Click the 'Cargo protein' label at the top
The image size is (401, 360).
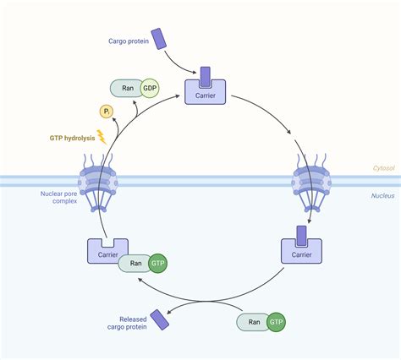click(x=129, y=41)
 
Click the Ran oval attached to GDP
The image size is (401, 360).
click(x=125, y=88)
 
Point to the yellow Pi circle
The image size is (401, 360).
click(x=107, y=111)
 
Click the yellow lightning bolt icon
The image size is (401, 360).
click(x=103, y=136)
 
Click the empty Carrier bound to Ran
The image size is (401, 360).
click(x=108, y=251)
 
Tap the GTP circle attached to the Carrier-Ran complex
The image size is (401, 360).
click(x=157, y=265)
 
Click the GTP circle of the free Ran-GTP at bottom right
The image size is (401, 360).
click(x=276, y=322)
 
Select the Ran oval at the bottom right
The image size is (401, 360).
click(x=252, y=322)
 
